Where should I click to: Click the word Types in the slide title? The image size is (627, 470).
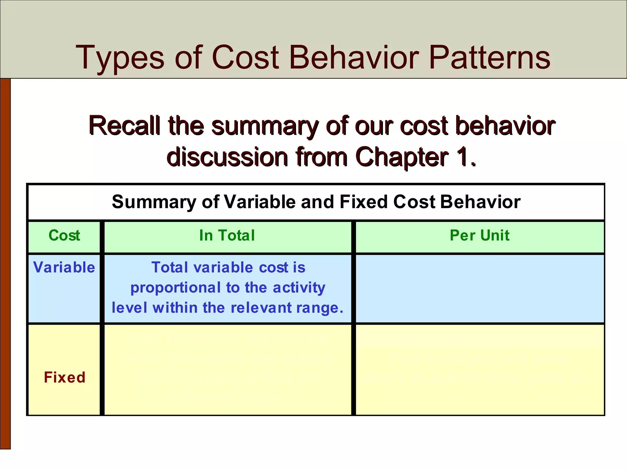(x=119, y=58)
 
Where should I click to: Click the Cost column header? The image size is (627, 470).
(x=64, y=236)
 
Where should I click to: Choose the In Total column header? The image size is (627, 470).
(x=227, y=236)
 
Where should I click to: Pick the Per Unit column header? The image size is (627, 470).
(x=479, y=236)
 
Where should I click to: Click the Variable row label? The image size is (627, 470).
(x=64, y=267)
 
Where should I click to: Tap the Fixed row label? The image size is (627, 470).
(x=64, y=377)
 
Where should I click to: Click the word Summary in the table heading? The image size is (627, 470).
(x=155, y=202)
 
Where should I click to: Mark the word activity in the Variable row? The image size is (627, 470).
(x=299, y=288)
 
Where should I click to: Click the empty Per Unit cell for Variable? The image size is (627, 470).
(x=479, y=288)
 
